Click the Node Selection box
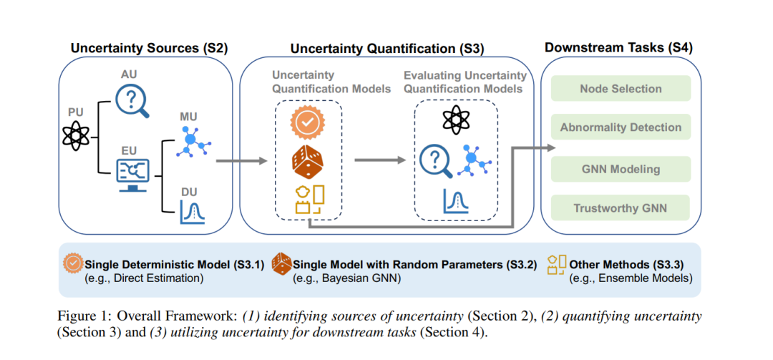click(x=621, y=88)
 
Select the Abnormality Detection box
click(x=621, y=127)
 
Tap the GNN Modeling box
click(x=621, y=169)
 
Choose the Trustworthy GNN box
click(x=621, y=208)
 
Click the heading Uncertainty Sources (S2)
click(x=149, y=48)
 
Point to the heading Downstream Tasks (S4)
click(x=618, y=48)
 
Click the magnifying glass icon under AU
click(x=132, y=101)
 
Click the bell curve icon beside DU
click(x=193, y=212)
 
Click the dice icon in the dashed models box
click(x=308, y=161)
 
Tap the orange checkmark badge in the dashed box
click(x=307, y=123)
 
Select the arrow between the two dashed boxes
click(x=381, y=161)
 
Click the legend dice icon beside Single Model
click(x=283, y=264)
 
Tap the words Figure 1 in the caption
click(x=78, y=317)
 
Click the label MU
click(x=189, y=117)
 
